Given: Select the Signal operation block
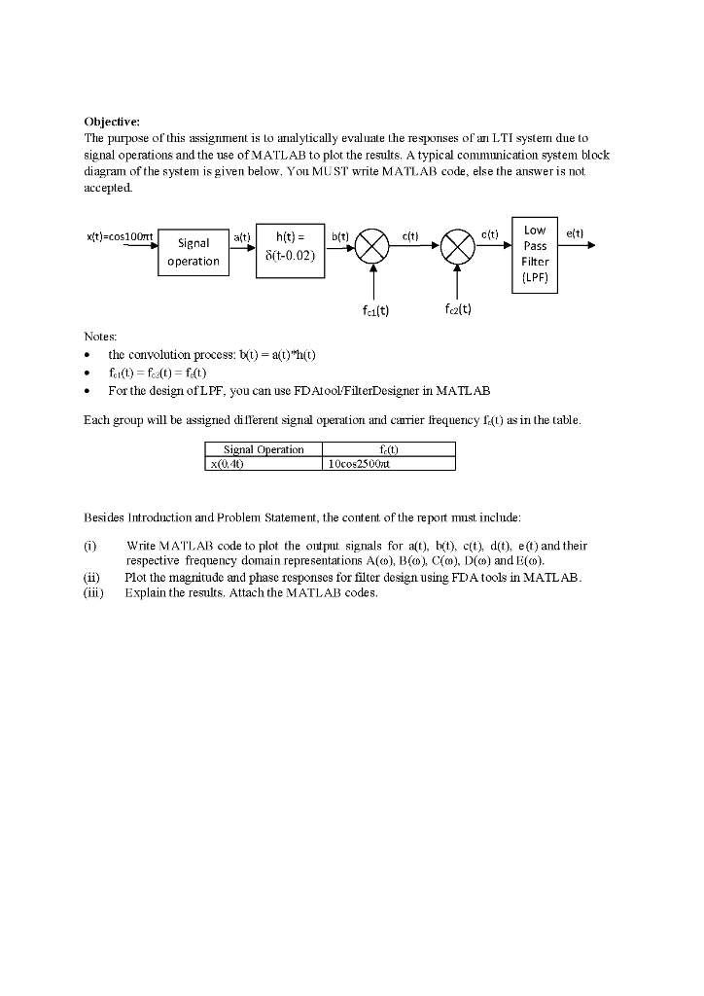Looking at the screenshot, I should pyautogui.click(x=194, y=252).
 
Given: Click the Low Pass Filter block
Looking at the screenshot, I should pyautogui.click(x=535, y=254).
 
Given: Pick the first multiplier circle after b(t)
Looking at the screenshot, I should pyautogui.click(x=371, y=246).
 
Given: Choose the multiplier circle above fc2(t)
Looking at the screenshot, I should pyautogui.click(x=457, y=246).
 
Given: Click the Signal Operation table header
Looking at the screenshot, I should pyautogui.click(x=264, y=449).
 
